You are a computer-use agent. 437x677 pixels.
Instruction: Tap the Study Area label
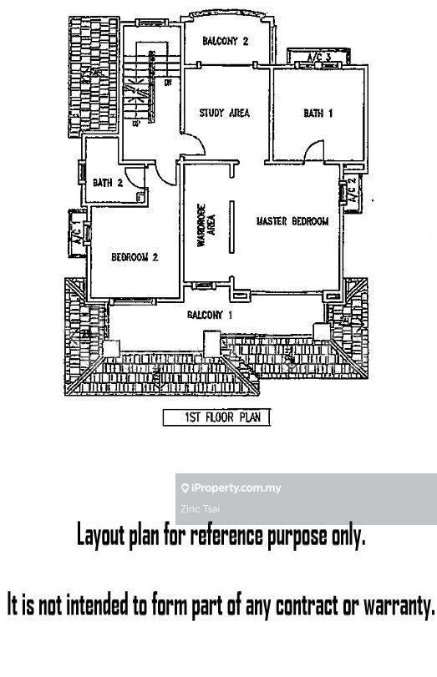(x=224, y=114)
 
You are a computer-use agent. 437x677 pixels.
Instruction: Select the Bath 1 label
(x=318, y=114)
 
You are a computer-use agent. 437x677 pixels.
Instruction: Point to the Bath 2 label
(x=108, y=182)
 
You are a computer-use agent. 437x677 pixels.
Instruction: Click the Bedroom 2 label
(x=135, y=258)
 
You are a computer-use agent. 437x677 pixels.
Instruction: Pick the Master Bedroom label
(x=292, y=221)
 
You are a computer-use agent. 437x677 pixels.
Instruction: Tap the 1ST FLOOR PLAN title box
(x=216, y=417)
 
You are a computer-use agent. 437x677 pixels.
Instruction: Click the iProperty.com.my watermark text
(x=236, y=488)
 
